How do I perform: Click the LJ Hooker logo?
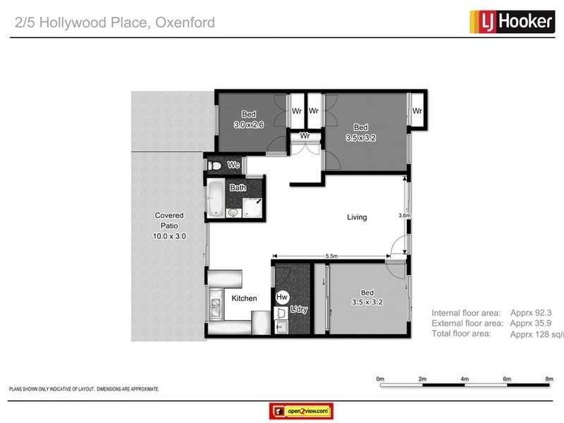[511, 22]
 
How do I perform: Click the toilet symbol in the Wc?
[216, 166]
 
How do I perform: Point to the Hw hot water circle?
[282, 298]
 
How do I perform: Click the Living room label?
[357, 217]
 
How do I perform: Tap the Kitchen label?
[244, 299]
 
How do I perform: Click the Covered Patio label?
[169, 226]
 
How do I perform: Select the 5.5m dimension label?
[331, 255]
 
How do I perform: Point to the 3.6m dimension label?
[404, 216]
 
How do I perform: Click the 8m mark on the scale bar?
[549, 379]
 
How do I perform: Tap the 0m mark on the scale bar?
[380, 379]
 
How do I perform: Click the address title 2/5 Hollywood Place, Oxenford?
[115, 23]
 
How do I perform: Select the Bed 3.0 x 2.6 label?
[248, 120]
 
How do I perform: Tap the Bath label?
[238, 188]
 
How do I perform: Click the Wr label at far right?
[417, 111]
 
